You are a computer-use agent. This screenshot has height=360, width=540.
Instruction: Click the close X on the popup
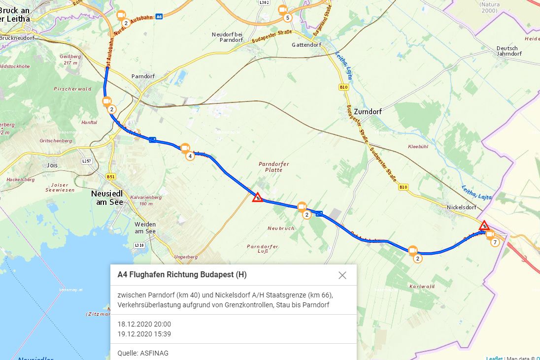pyautogui.click(x=342, y=275)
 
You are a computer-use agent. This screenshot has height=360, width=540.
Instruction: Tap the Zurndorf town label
pyautogui.click(x=368, y=112)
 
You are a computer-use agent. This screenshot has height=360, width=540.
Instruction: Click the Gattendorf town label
pyautogui.click(x=306, y=45)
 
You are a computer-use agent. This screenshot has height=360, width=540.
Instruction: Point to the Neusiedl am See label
pyautogui.click(x=109, y=197)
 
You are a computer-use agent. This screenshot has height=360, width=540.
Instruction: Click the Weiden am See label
pyautogui.click(x=145, y=228)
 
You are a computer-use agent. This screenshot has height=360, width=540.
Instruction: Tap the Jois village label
pyautogui.click(x=52, y=165)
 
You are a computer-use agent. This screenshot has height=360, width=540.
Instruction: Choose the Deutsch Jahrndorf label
pyautogui.click(x=507, y=51)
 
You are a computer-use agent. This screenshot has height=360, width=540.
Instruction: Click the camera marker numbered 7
pyautogui.click(x=490, y=234)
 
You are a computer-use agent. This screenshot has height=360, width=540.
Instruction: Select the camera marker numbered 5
pyautogui.click(x=282, y=10)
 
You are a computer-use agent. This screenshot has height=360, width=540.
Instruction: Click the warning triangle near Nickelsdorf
pyautogui.click(x=484, y=226)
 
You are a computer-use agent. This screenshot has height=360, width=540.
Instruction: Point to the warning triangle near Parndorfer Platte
pyautogui.click(x=257, y=197)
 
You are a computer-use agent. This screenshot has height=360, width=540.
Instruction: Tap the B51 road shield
pyautogui.click(x=111, y=176)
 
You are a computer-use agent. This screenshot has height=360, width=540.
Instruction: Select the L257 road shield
pyautogui.click(x=87, y=161)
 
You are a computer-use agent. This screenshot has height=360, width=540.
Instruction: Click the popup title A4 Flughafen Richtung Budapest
pyautogui.click(x=182, y=275)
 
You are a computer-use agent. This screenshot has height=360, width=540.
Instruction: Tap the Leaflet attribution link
pyautogui.click(x=494, y=358)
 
